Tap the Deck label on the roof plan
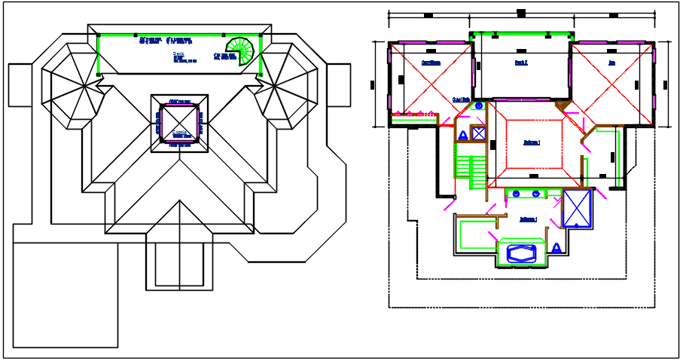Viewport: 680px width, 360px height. point(178,54)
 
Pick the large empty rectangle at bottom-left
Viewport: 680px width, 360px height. point(66,294)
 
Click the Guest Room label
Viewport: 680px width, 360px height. point(431,63)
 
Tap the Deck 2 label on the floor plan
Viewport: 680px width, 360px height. point(521,63)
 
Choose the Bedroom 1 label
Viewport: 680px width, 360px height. point(532,142)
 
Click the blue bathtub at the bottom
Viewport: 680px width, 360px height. point(520,254)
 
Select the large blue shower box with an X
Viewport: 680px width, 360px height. point(577,209)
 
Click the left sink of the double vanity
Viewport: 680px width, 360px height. point(516,194)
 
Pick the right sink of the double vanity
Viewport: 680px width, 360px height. point(535,194)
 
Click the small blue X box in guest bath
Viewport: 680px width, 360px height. point(478,134)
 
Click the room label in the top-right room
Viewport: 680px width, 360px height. point(611,63)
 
